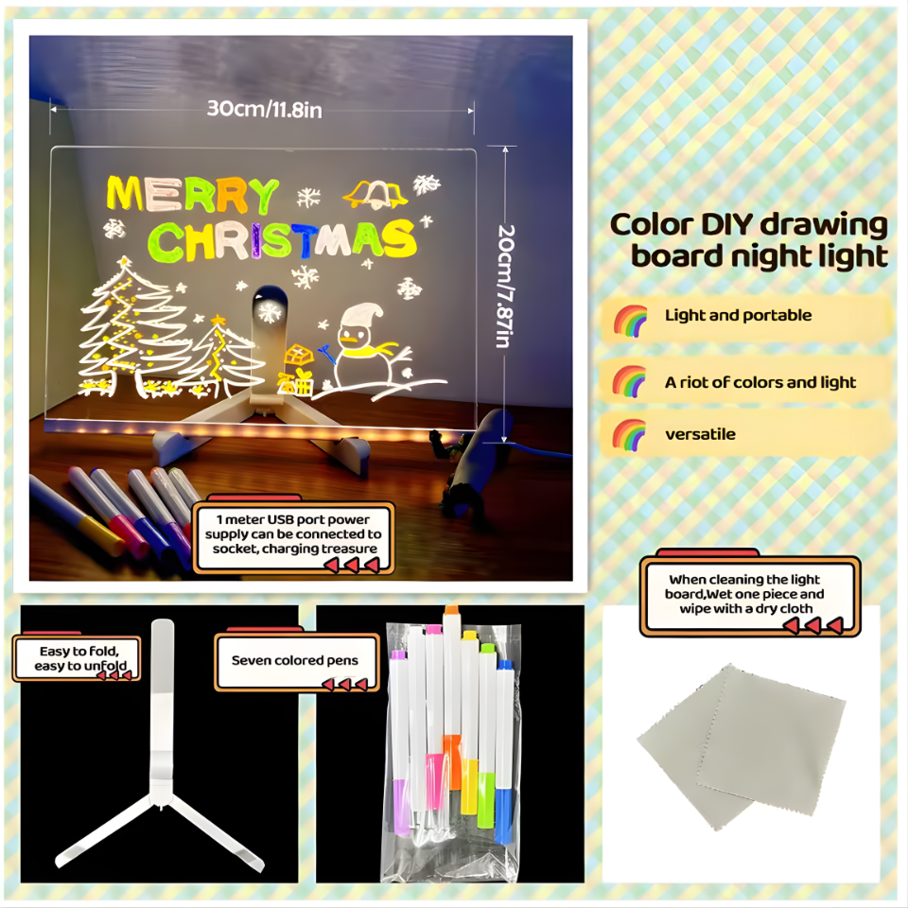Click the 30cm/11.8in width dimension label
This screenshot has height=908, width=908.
tap(265, 110)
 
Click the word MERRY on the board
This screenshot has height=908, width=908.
tap(192, 195)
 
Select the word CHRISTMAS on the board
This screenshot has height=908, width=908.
tap(284, 240)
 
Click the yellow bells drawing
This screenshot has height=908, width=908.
tap(375, 194)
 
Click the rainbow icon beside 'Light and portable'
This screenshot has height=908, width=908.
tap(630, 319)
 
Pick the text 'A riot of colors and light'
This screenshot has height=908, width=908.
tap(760, 382)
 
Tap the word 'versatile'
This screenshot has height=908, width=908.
tap(700, 434)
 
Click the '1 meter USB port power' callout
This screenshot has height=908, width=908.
tap(292, 534)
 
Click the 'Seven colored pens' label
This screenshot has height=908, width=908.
tap(294, 660)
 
